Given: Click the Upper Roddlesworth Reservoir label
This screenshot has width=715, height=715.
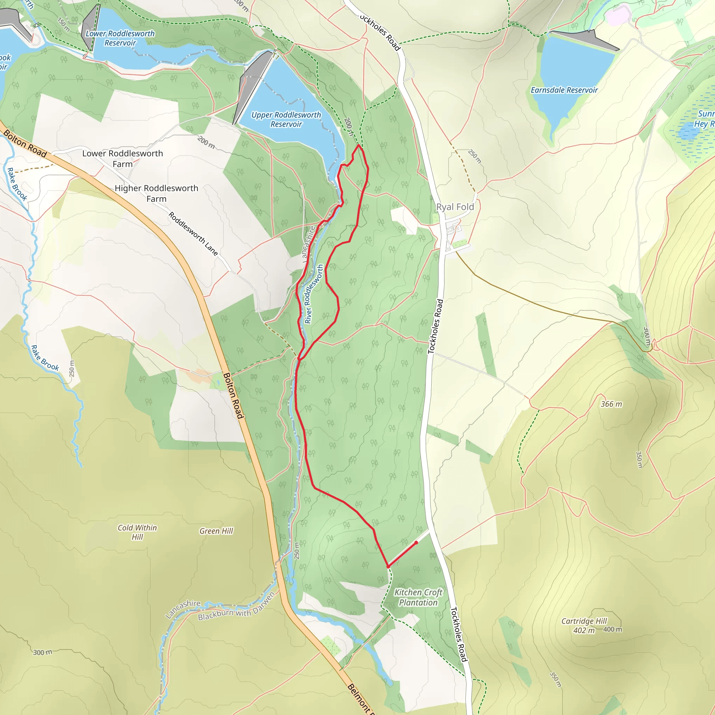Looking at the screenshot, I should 286,119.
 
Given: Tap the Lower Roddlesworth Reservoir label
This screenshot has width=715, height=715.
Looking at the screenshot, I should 120,38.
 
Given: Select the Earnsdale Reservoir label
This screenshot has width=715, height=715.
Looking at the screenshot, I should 564,90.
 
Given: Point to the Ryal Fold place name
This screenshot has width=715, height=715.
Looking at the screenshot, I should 455,207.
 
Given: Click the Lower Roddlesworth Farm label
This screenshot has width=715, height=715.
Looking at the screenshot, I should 123,159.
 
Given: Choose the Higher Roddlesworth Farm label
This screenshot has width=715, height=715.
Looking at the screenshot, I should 156,193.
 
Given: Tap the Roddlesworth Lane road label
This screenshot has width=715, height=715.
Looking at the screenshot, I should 193,234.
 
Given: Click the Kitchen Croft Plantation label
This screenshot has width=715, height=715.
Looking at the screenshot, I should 418,597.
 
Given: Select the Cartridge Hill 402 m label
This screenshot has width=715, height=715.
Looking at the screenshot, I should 584,625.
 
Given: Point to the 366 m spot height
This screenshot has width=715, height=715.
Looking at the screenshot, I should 611,404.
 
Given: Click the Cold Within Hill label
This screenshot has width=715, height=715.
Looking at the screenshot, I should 137,532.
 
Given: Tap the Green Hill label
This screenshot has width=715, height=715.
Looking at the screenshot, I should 216,531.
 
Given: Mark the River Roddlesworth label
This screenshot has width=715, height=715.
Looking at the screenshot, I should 313,294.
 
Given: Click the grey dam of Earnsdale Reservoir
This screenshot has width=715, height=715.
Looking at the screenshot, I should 585,39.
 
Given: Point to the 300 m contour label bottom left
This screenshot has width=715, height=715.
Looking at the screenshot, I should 43,652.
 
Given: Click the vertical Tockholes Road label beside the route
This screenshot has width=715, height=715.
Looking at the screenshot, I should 435,326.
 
